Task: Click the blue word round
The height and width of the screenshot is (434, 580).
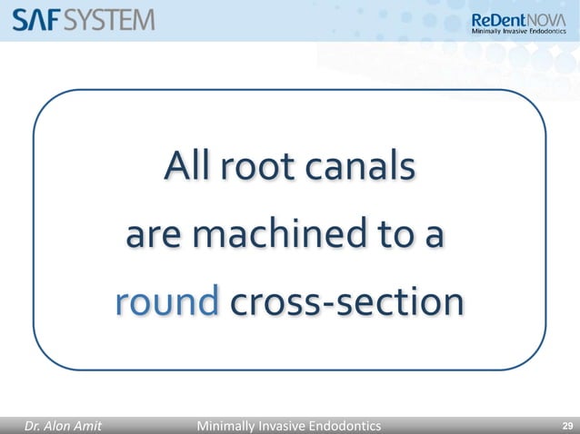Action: pos(166,303)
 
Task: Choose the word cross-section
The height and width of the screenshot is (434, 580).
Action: pos(345,303)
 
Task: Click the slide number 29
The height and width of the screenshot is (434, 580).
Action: pos(567,423)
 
